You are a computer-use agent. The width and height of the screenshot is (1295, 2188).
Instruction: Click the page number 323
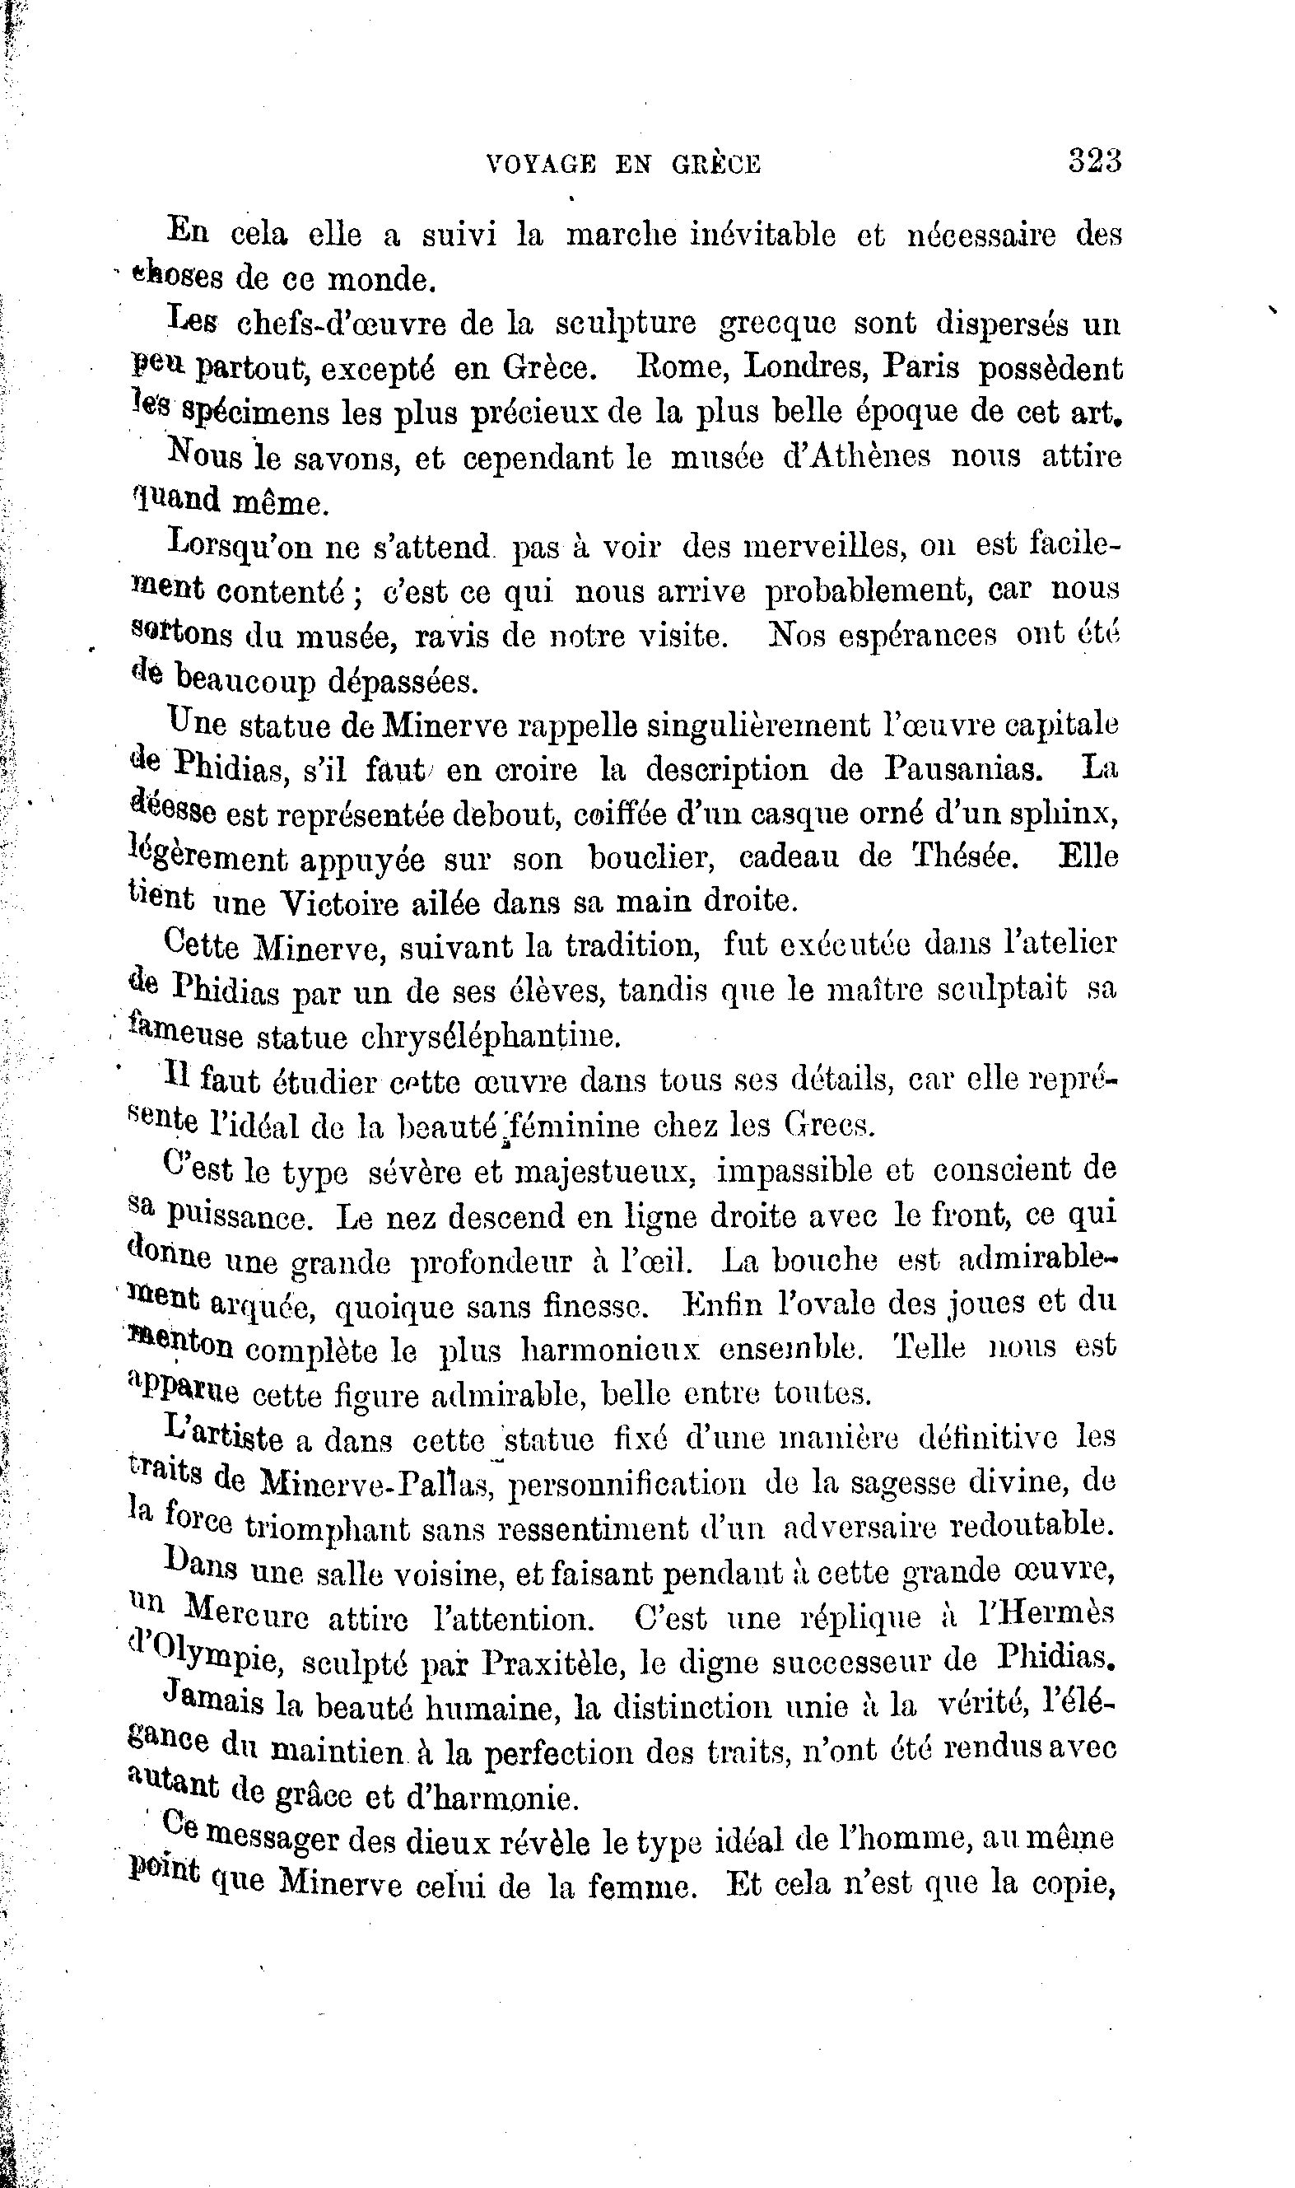coord(1095,161)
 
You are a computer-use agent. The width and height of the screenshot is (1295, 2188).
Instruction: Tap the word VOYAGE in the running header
coord(541,164)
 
